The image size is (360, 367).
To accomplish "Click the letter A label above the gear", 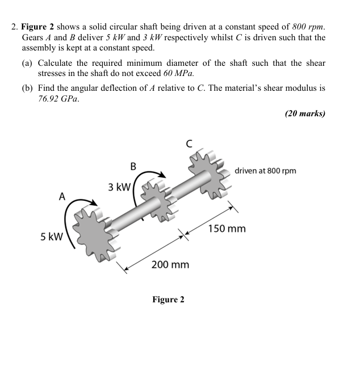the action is click(62, 196).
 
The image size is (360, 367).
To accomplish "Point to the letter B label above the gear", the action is click(133, 166).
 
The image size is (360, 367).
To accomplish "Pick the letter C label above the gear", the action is click(189, 145).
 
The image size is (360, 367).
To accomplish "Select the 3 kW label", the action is click(119, 187).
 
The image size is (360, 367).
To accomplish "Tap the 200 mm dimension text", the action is click(170, 264).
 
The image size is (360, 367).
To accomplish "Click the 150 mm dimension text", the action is click(227, 229).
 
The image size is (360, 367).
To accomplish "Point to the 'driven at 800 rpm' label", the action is click(265, 171).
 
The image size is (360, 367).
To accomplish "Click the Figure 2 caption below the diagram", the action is click(168, 299).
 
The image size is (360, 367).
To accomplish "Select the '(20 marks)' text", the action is click(305, 113).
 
